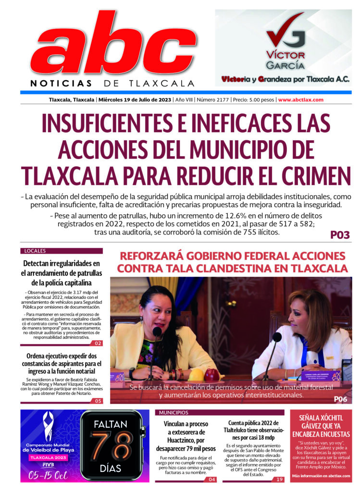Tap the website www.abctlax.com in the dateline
tap(300, 100)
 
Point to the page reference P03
tap(340, 235)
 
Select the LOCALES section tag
tap(35, 251)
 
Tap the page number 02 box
tap(97, 343)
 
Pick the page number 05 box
tap(97, 401)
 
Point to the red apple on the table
tap(212, 374)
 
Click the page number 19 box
tap(279, 480)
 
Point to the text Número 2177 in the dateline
tap(212, 100)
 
